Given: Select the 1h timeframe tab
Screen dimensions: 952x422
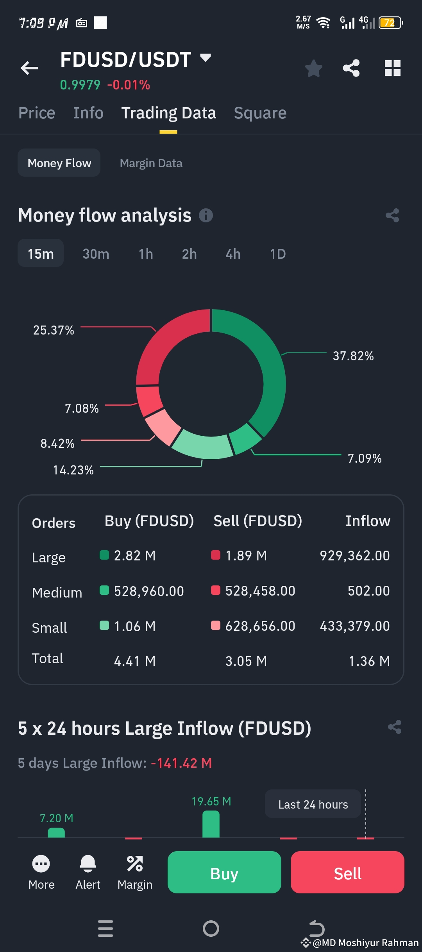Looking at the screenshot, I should pyautogui.click(x=146, y=254).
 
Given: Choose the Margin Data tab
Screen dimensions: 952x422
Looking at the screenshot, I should pyautogui.click(x=151, y=163).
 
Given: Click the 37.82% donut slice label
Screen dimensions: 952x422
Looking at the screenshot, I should pyautogui.click(x=353, y=356).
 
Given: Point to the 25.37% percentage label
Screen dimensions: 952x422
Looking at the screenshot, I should pyautogui.click(x=54, y=330).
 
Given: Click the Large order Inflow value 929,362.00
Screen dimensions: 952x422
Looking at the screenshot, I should pyautogui.click(x=355, y=556).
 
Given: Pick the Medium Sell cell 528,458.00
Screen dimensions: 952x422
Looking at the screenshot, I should pyautogui.click(x=260, y=591).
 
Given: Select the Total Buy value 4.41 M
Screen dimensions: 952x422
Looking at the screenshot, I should pyautogui.click(x=135, y=661).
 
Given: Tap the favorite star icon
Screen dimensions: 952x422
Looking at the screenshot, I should pyautogui.click(x=313, y=68).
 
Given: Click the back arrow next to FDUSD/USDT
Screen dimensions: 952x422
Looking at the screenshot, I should pyautogui.click(x=29, y=68).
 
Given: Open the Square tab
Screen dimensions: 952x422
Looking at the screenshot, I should pyautogui.click(x=260, y=113).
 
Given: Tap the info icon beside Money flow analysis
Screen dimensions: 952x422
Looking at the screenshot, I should pyautogui.click(x=206, y=215).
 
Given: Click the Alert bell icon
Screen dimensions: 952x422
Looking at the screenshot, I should pyautogui.click(x=88, y=864).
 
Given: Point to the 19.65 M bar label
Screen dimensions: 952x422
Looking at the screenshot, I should pyautogui.click(x=211, y=802).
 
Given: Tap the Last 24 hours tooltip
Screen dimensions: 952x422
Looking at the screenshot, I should pyautogui.click(x=313, y=805).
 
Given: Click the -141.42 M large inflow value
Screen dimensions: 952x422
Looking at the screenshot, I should pyautogui.click(x=181, y=763).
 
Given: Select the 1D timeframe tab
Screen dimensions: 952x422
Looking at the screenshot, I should pyautogui.click(x=278, y=254).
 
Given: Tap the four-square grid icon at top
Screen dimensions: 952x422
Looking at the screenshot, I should pyautogui.click(x=393, y=68).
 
